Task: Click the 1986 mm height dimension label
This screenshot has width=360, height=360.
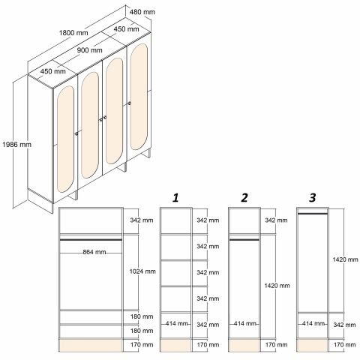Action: (x=16, y=145)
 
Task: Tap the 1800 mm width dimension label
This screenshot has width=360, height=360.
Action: (x=73, y=33)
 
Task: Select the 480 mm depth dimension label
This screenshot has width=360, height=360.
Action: (x=142, y=12)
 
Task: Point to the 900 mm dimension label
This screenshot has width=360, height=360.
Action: (x=89, y=50)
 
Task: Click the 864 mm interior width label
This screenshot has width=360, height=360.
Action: (x=94, y=252)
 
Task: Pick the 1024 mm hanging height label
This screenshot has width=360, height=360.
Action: (x=142, y=271)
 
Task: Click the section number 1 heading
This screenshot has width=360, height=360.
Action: (x=175, y=198)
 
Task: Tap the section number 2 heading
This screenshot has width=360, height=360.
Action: (x=244, y=198)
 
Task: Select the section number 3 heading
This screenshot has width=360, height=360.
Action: (x=313, y=198)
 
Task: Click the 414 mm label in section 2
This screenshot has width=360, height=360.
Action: (x=245, y=323)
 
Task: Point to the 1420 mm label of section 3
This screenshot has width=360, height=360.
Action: (x=345, y=259)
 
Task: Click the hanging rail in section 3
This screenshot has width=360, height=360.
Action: (x=313, y=214)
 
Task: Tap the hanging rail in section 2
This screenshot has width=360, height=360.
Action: (x=244, y=240)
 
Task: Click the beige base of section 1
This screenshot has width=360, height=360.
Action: (x=175, y=346)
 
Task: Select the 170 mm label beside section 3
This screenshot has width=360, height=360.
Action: (x=344, y=345)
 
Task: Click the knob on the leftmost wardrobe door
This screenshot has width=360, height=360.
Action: (x=76, y=133)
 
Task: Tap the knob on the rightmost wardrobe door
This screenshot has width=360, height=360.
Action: (x=129, y=103)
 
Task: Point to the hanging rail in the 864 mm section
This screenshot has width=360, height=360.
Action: (x=91, y=240)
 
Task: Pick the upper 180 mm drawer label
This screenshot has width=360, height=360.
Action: (x=142, y=316)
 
